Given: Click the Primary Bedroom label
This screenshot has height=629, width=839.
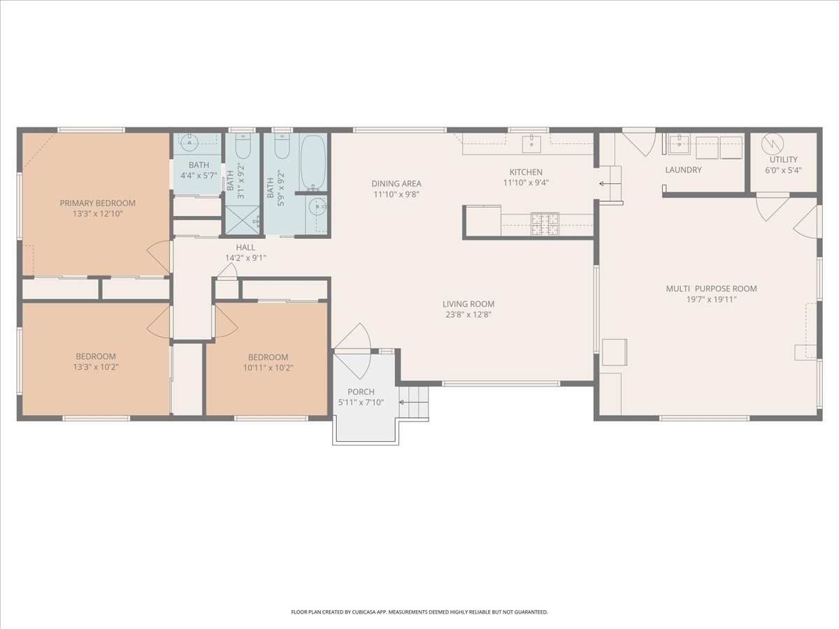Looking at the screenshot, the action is click(x=97, y=203).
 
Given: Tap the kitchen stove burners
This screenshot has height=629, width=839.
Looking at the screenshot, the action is click(x=545, y=224).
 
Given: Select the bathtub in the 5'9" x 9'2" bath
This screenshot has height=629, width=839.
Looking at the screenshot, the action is click(x=313, y=163).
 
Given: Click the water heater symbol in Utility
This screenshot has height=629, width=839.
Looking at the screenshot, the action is click(x=773, y=144).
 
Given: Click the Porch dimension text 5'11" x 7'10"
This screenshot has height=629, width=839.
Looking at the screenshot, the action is click(x=361, y=402).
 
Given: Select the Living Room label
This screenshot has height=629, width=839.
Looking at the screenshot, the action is click(x=468, y=304).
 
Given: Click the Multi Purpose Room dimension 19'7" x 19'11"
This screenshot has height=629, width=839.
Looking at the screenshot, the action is click(x=711, y=299).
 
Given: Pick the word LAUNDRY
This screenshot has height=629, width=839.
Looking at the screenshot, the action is click(x=683, y=170).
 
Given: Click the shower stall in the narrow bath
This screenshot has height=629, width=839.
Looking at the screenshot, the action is click(x=243, y=220).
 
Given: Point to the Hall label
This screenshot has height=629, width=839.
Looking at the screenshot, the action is click(x=245, y=247).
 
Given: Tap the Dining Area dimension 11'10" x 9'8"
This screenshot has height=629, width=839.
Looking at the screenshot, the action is click(x=396, y=194).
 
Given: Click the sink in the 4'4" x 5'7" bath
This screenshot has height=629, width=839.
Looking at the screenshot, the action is click(x=189, y=143).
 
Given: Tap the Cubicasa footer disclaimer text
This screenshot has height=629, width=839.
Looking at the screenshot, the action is click(x=419, y=612).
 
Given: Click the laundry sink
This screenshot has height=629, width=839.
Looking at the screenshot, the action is click(x=679, y=144).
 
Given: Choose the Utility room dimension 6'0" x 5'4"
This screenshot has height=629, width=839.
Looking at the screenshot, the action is click(x=783, y=171).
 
